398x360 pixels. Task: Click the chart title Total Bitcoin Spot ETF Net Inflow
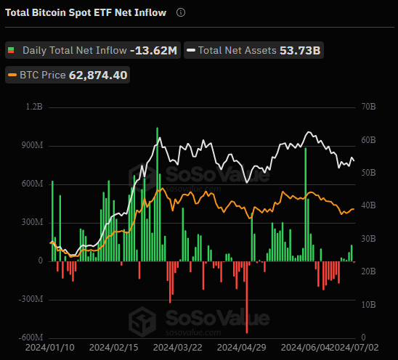click(86, 12)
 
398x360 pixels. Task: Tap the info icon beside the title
click(181, 12)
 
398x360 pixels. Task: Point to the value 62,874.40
click(98, 75)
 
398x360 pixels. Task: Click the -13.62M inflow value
click(153, 51)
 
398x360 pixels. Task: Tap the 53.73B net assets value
click(300, 51)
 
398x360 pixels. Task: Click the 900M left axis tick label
click(32, 145)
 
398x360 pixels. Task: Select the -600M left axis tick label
click(31, 337)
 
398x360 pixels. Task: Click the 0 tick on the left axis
click(41, 261)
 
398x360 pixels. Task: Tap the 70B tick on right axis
click(367, 107)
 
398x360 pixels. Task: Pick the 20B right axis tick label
click(367, 271)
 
